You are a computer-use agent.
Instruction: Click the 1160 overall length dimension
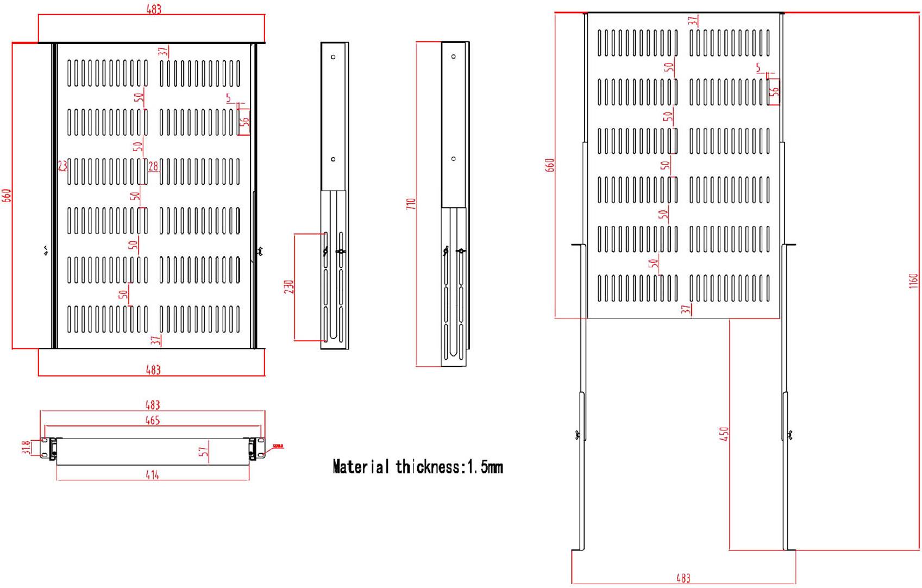[914, 281]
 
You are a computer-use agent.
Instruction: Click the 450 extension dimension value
[724, 434]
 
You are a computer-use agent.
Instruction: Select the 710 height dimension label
[411, 204]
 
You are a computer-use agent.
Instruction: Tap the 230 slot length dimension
[289, 287]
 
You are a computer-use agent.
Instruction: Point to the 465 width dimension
[153, 420]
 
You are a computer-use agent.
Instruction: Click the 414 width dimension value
[153, 475]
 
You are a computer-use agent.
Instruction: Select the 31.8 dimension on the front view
[26, 447]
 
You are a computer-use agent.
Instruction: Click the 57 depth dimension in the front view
[204, 451]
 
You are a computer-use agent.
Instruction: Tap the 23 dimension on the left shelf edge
[62, 165]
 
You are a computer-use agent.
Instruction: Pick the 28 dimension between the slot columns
[153, 166]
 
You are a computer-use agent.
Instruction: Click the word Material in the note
[361, 467]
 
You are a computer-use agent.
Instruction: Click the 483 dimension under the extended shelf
[683, 578]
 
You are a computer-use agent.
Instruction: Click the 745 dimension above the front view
[153, 405]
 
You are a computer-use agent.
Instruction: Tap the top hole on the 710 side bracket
[453, 56]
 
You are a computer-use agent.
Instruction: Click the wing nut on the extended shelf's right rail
[789, 434]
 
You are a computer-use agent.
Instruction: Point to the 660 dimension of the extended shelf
[550, 165]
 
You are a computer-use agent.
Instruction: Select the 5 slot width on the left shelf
[229, 98]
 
